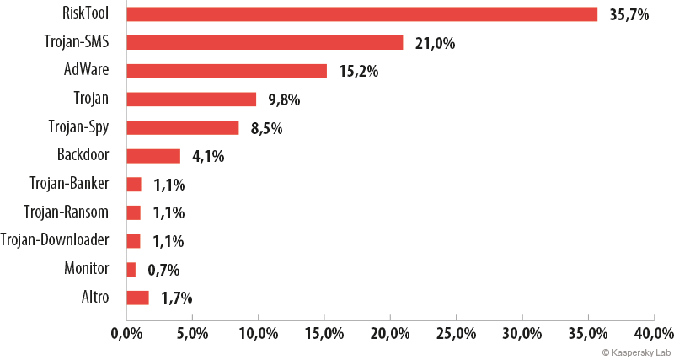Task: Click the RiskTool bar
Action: [362, 14]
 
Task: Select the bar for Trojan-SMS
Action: [265, 43]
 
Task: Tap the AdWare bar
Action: [227, 71]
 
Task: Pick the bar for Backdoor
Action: [153, 156]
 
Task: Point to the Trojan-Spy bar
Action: [183, 128]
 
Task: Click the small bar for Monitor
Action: [131, 270]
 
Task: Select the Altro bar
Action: [137, 298]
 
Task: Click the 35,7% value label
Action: [629, 15]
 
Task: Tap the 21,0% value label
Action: [435, 44]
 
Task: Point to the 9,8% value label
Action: [284, 100]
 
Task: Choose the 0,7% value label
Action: [163, 271]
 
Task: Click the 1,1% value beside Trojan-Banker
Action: [169, 185]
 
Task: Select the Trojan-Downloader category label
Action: [55, 240]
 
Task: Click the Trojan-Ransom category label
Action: [67, 212]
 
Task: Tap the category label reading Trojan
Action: [91, 99]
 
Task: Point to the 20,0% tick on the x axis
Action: [390, 334]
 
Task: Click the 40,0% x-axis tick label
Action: [655, 334]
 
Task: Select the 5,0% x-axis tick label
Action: [192, 334]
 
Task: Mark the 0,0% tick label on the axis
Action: [126, 334]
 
